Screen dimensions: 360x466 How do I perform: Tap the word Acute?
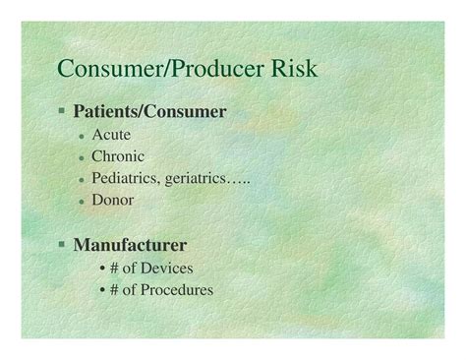[x=110, y=134]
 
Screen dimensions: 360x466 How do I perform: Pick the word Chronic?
[x=118, y=155]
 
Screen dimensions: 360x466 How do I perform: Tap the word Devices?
[x=166, y=268]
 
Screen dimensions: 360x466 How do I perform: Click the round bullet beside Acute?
[x=82, y=135]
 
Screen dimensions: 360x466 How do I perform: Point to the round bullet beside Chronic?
[x=82, y=156]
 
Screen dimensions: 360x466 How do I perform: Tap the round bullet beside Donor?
[x=82, y=200]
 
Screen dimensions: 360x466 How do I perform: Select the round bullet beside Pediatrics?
[x=82, y=178]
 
